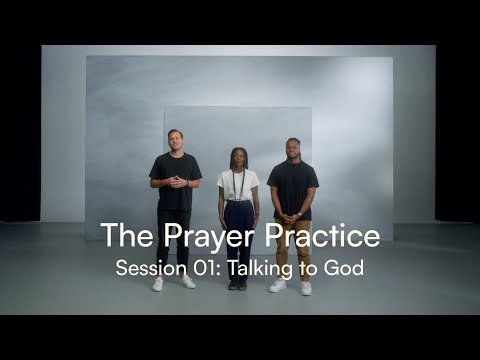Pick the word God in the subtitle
pyautogui.click(x=346, y=268)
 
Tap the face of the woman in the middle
pyautogui.click(x=238, y=156)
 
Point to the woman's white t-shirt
pyautogui.click(x=238, y=185)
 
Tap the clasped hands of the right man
pyautogui.click(x=292, y=215)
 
